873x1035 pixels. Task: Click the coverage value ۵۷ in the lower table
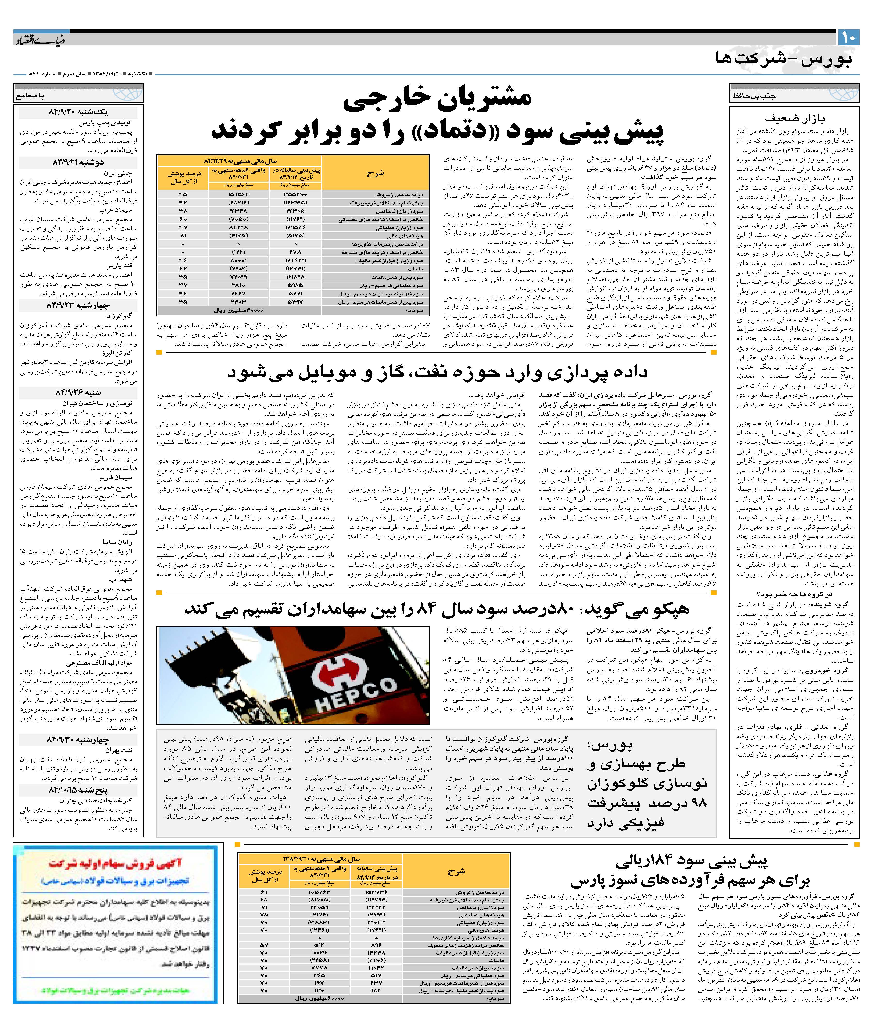pyautogui.click(x=264, y=945)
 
